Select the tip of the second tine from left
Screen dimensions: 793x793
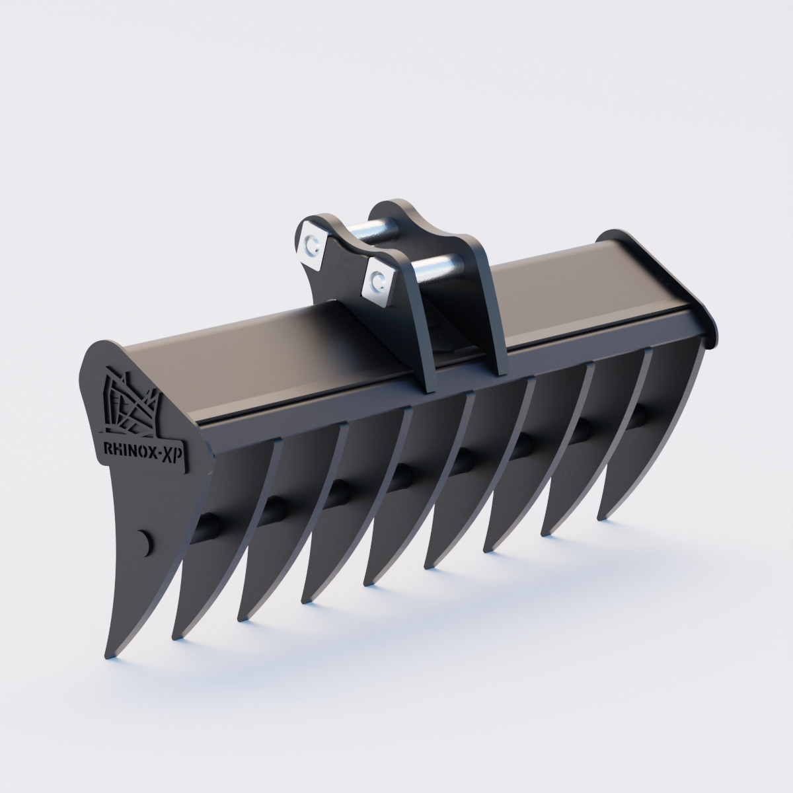pyautogui.click(x=177, y=636)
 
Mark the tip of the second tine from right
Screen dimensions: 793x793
pyautogui.click(x=547, y=532)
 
